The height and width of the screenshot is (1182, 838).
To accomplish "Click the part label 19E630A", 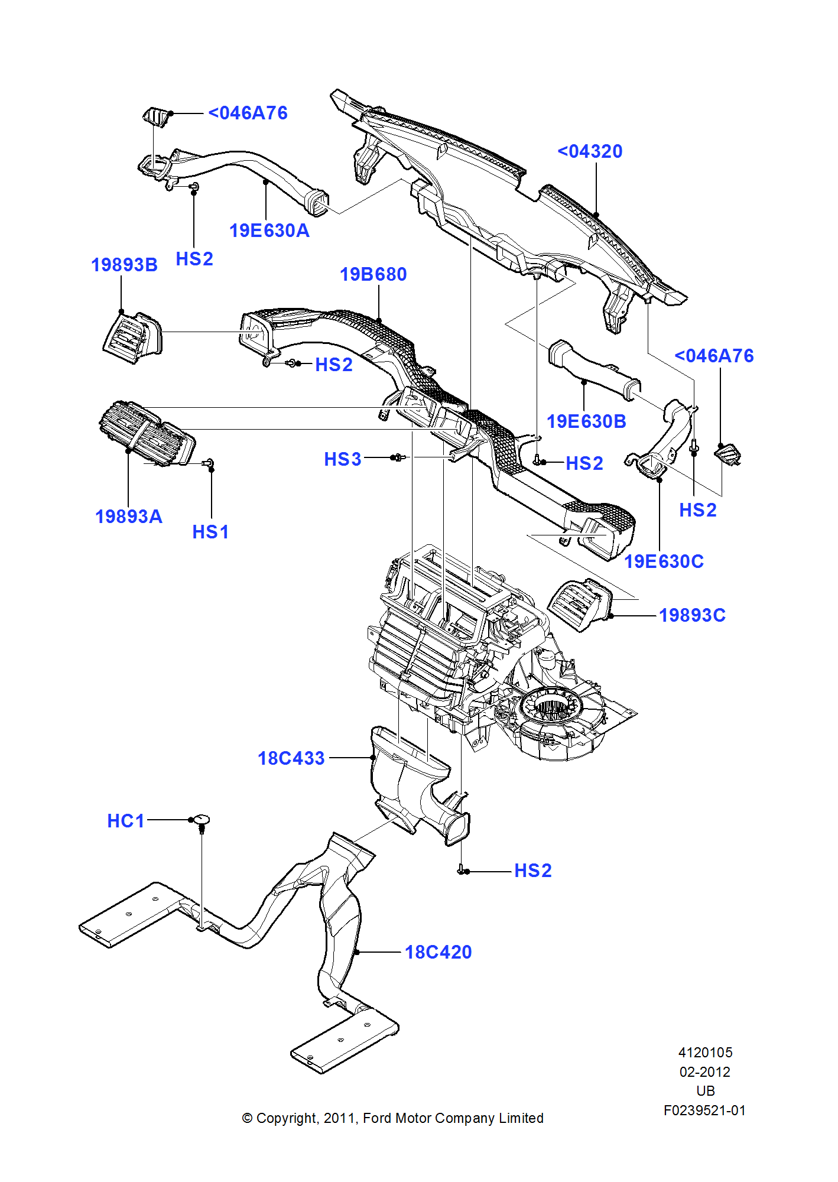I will (x=269, y=230).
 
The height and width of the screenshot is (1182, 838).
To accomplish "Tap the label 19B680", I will (x=373, y=274).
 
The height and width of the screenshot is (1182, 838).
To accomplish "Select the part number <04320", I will (x=590, y=151).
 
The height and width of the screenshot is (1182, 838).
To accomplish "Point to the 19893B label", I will (x=124, y=265).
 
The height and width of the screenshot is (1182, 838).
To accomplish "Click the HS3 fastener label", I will (x=342, y=459).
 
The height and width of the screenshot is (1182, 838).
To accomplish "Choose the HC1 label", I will (x=125, y=821).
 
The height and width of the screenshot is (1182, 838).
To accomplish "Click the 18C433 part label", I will (x=291, y=758).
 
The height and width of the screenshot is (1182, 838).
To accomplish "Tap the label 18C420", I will (x=438, y=952).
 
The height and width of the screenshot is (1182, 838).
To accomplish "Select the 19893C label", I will (x=692, y=615).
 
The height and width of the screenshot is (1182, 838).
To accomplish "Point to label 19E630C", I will (x=664, y=561).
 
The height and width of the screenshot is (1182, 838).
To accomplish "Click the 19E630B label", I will (x=586, y=421).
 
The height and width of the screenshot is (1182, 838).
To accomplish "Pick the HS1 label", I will (x=210, y=532).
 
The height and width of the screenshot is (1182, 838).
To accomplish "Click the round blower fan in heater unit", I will (x=552, y=709).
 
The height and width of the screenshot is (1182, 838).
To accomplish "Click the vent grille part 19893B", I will (x=133, y=337).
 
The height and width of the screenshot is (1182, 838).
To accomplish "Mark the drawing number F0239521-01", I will (x=704, y=1110).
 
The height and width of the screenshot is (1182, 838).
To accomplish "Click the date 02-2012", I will (x=704, y=1072).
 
